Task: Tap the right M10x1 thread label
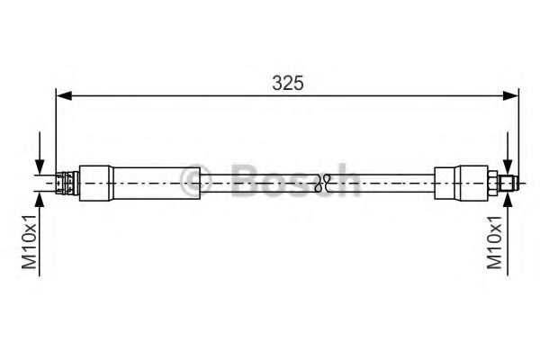coord(494,241)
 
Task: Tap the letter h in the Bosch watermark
coord(346,180)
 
